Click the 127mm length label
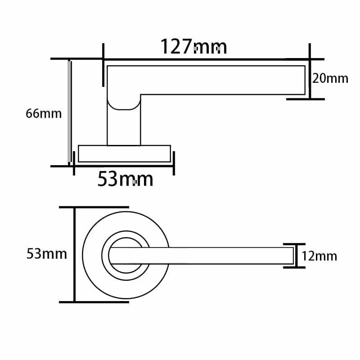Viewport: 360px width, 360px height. point(193,46)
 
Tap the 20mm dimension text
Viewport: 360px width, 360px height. point(330,78)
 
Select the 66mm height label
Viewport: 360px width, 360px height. point(44,113)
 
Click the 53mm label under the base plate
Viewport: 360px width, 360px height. point(125,179)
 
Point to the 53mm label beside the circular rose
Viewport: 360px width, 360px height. point(47,254)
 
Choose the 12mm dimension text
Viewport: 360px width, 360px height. point(319,256)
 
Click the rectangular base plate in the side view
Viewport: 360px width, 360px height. point(124,154)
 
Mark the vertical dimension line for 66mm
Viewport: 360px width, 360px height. point(70,112)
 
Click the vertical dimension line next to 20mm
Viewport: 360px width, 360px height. point(310,79)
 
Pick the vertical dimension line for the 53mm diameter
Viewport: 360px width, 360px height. point(75,255)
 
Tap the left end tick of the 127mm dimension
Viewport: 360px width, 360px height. point(103,58)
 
